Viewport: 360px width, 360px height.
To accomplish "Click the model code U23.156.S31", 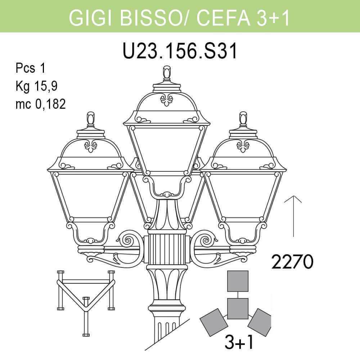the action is tap(180, 51).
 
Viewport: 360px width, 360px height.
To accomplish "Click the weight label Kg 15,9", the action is tap(36, 86).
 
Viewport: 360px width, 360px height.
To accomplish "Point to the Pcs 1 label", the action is tap(30, 68).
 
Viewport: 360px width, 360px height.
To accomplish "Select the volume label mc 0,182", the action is tap(40, 104).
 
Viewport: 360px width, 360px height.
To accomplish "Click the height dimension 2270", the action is tap(292, 262).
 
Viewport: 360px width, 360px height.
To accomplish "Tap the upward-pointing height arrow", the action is tap(293, 216).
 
